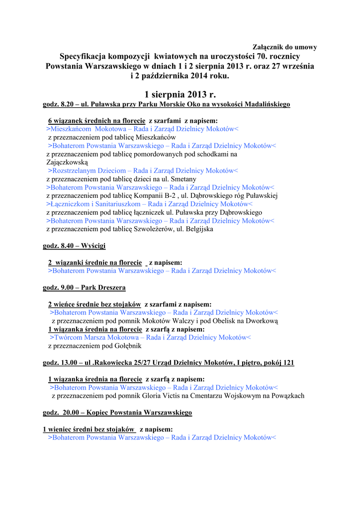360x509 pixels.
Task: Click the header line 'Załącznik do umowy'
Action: tap(285, 47)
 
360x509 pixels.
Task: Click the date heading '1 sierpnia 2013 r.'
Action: tap(180, 94)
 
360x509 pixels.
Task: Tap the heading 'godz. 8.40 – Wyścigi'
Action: tap(74, 246)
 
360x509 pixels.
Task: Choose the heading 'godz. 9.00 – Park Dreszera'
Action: tap(84, 288)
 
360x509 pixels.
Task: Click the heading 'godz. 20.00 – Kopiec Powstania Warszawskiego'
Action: tap(117, 413)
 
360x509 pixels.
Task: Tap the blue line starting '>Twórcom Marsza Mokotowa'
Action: tap(150, 338)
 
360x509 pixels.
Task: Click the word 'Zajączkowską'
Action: tap(67, 162)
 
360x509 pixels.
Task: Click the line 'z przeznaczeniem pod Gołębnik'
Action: tap(95, 346)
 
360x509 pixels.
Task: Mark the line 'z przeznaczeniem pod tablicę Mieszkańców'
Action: tap(112, 137)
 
